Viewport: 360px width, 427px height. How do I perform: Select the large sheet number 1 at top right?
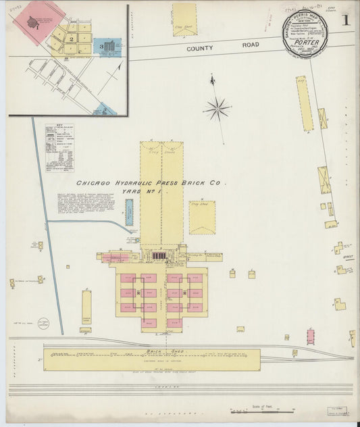[x=344, y=21]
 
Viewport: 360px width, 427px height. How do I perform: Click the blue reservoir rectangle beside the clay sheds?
[x=129, y=212]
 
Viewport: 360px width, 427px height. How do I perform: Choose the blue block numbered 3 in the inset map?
[x=105, y=47]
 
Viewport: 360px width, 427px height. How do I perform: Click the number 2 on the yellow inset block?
[x=70, y=40]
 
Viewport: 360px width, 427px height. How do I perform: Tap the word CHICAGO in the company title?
[x=93, y=183]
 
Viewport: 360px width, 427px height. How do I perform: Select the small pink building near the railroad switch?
[x=310, y=336]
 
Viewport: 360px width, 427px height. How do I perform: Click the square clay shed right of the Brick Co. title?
[x=202, y=217]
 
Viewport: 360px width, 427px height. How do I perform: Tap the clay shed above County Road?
[x=184, y=20]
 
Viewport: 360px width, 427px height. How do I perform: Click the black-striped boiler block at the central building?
[x=159, y=255]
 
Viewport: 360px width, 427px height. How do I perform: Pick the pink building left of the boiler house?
[x=116, y=257]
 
